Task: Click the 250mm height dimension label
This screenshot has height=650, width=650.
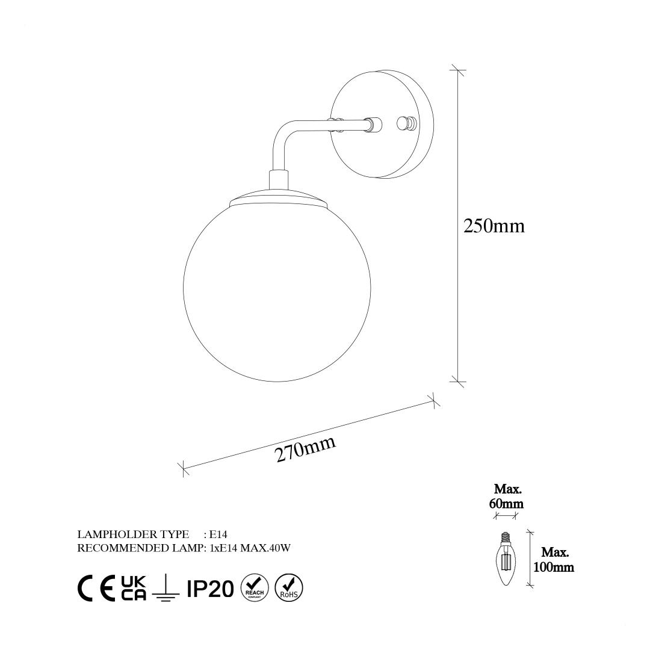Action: click(494, 226)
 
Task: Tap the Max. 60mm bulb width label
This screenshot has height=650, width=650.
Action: click(506, 496)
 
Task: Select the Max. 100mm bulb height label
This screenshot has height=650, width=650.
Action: click(554, 560)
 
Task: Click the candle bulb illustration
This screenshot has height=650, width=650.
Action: click(506, 559)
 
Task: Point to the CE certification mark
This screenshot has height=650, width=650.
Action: click(96, 588)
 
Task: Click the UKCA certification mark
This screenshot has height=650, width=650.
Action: click(134, 588)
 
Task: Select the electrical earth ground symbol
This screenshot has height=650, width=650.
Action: click(166, 587)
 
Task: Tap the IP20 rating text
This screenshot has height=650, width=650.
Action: click(210, 589)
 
